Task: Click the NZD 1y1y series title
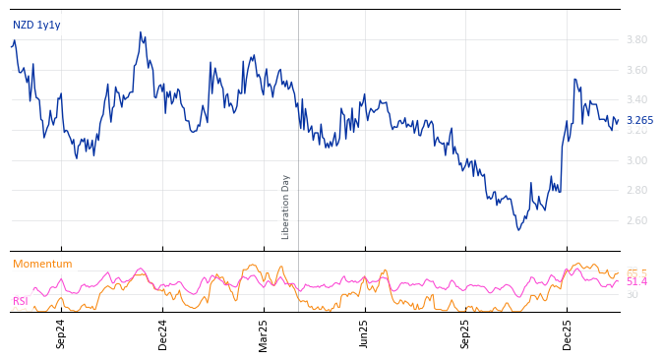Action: tap(36, 25)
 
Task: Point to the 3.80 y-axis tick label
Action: tap(636, 39)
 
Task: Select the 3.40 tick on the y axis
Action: tap(636, 100)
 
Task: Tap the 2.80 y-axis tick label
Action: tap(636, 191)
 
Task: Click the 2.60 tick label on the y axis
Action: tap(636, 220)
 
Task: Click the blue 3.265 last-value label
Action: tap(639, 121)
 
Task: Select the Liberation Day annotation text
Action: tap(286, 207)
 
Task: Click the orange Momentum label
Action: tap(42, 265)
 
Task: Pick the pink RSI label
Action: tap(20, 301)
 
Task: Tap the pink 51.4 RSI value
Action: tap(636, 282)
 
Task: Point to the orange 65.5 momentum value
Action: tap(636, 272)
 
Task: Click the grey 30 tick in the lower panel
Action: tap(632, 294)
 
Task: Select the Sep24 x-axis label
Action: tap(61, 333)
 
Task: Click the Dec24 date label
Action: tap(163, 333)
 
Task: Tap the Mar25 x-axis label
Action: tap(264, 333)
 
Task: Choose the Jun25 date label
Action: tap(364, 333)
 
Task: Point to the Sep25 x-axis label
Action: tap(465, 333)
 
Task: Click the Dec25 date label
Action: tap(567, 333)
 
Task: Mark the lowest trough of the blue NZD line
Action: tap(519, 230)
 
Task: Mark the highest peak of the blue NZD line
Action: tap(141, 32)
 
